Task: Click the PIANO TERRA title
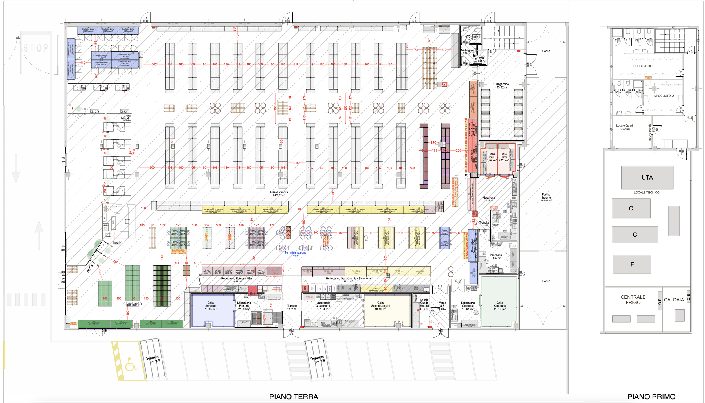point(293,397)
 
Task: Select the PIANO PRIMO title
point(651,397)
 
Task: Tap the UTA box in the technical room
point(647,177)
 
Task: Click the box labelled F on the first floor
point(632,264)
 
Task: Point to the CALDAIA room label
point(674,300)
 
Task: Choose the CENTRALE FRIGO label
point(633,300)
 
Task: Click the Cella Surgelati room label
point(211,306)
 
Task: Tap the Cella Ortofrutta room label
point(500,306)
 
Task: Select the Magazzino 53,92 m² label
point(502,86)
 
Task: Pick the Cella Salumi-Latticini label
point(380,306)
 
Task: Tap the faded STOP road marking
point(36,48)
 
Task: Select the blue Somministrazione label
point(295,253)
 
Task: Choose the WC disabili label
point(473,36)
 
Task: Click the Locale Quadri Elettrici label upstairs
point(625,127)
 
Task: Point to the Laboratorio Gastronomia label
point(323,306)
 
